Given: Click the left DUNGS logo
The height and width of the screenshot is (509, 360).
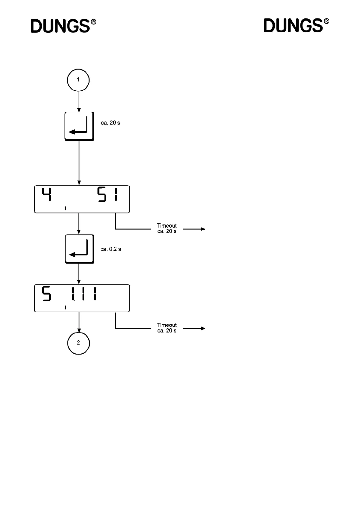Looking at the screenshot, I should click(63, 26).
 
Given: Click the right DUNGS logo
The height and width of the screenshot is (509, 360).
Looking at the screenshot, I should click(296, 26).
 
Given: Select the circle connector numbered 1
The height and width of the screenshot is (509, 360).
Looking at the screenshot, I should click(78, 80).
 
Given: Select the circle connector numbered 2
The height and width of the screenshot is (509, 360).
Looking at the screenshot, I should click(79, 343).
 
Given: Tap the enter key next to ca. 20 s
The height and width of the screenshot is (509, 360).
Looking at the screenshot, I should click(79, 126).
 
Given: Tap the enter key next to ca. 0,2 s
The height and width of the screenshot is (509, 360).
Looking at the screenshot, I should click(79, 249).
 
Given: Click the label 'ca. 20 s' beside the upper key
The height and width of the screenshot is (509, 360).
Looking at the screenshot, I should click(110, 123).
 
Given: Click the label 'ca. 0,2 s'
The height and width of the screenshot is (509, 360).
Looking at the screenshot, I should click(111, 249).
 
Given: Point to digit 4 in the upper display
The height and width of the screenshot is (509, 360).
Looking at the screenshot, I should click(46, 194).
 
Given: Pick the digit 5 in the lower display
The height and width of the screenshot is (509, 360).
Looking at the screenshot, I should click(46, 293).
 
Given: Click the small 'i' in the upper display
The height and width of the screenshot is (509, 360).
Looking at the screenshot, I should click(66, 208).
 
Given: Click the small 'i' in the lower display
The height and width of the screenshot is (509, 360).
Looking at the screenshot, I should click(66, 307).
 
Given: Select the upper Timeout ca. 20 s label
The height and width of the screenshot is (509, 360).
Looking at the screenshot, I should click(167, 229).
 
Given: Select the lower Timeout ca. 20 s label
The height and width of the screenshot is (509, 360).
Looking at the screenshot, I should click(167, 328).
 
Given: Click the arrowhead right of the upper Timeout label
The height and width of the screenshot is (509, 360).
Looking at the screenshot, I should click(203, 229).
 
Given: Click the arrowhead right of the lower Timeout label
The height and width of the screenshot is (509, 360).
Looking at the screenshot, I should click(203, 329).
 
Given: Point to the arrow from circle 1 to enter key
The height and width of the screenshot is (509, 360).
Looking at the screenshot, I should click(79, 102).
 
